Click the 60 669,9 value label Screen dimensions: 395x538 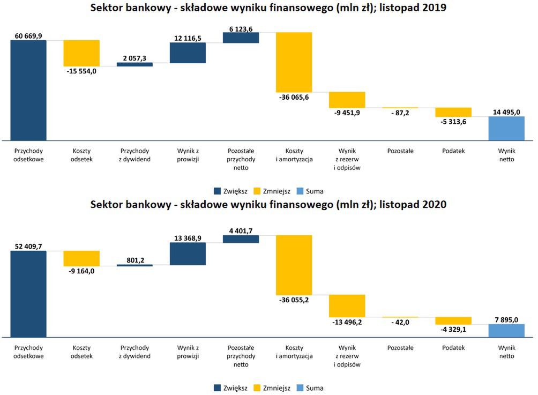click(x=28, y=36)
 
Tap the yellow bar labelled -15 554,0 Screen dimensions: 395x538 click(x=81, y=53)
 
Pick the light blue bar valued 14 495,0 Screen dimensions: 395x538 click(x=506, y=128)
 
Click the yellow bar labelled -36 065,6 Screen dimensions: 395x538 click(x=294, y=62)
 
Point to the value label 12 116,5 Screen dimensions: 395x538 click(x=188, y=39)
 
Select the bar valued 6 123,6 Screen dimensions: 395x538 click(x=241, y=38)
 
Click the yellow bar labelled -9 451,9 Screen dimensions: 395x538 click(x=347, y=100)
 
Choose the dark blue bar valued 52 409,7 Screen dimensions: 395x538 click(x=28, y=294)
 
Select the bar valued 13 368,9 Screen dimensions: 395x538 click(x=188, y=254)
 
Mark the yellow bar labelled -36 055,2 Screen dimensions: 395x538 click(x=294, y=265)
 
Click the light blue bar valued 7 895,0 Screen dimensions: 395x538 click(x=506, y=330)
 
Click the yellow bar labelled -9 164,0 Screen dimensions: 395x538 click(x=81, y=258)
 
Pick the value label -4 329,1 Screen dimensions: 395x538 click(x=453, y=329)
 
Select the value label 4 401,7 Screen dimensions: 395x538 click(x=241, y=231)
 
